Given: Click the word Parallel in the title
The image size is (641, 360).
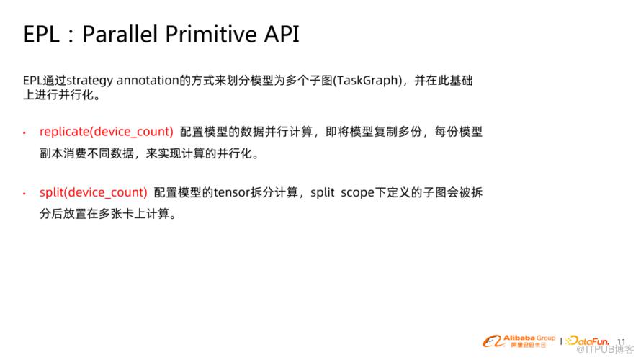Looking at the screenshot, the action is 120,34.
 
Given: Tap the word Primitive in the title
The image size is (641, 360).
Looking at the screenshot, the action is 211,34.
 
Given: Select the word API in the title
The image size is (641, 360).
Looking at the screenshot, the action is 282,34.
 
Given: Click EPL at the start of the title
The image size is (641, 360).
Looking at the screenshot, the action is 41,34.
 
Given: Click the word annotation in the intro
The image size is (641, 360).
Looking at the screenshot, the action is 148,80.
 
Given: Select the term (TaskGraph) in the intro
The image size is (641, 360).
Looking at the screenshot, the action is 367,81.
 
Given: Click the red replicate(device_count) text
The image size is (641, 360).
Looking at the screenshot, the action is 107,132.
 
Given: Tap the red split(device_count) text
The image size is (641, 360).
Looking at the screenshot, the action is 94,192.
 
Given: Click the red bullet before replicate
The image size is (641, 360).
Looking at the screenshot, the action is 24,132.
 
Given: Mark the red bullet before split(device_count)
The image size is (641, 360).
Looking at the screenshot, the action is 24,193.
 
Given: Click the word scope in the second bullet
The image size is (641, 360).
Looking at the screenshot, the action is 358,193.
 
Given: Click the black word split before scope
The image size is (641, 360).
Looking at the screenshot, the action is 323,192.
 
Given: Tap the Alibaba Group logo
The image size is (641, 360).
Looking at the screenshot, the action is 519,341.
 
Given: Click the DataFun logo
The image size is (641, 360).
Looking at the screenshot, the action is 588,341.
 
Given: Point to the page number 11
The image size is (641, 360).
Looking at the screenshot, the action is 622,341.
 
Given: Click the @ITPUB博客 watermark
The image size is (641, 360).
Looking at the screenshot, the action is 605,349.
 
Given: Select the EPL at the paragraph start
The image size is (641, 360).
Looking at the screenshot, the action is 32,80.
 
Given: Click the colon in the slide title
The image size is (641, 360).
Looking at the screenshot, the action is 71,35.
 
